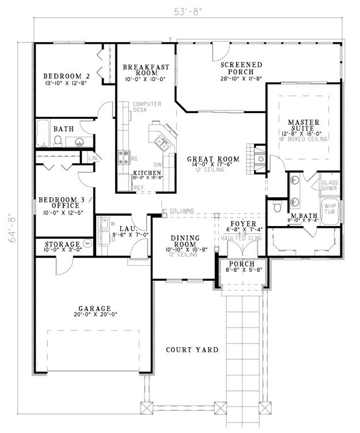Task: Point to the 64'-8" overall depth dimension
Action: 13,229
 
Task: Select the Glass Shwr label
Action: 329,186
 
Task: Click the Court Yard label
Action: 192,350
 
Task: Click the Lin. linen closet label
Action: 92,158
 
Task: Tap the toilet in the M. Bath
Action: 277,206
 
